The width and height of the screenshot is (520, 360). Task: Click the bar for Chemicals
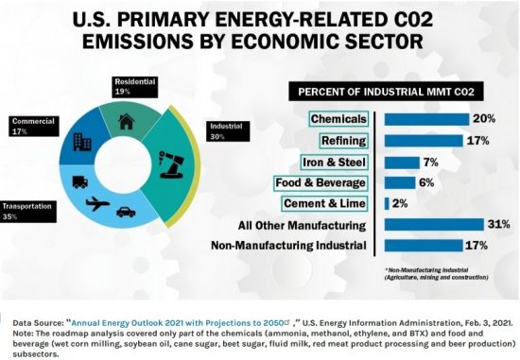click(x=427, y=118)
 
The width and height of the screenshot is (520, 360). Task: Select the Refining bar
click(x=421, y=140)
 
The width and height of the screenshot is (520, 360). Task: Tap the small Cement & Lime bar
click(x=387, y=203)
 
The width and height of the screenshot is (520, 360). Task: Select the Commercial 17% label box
click(x=33, y=126)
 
